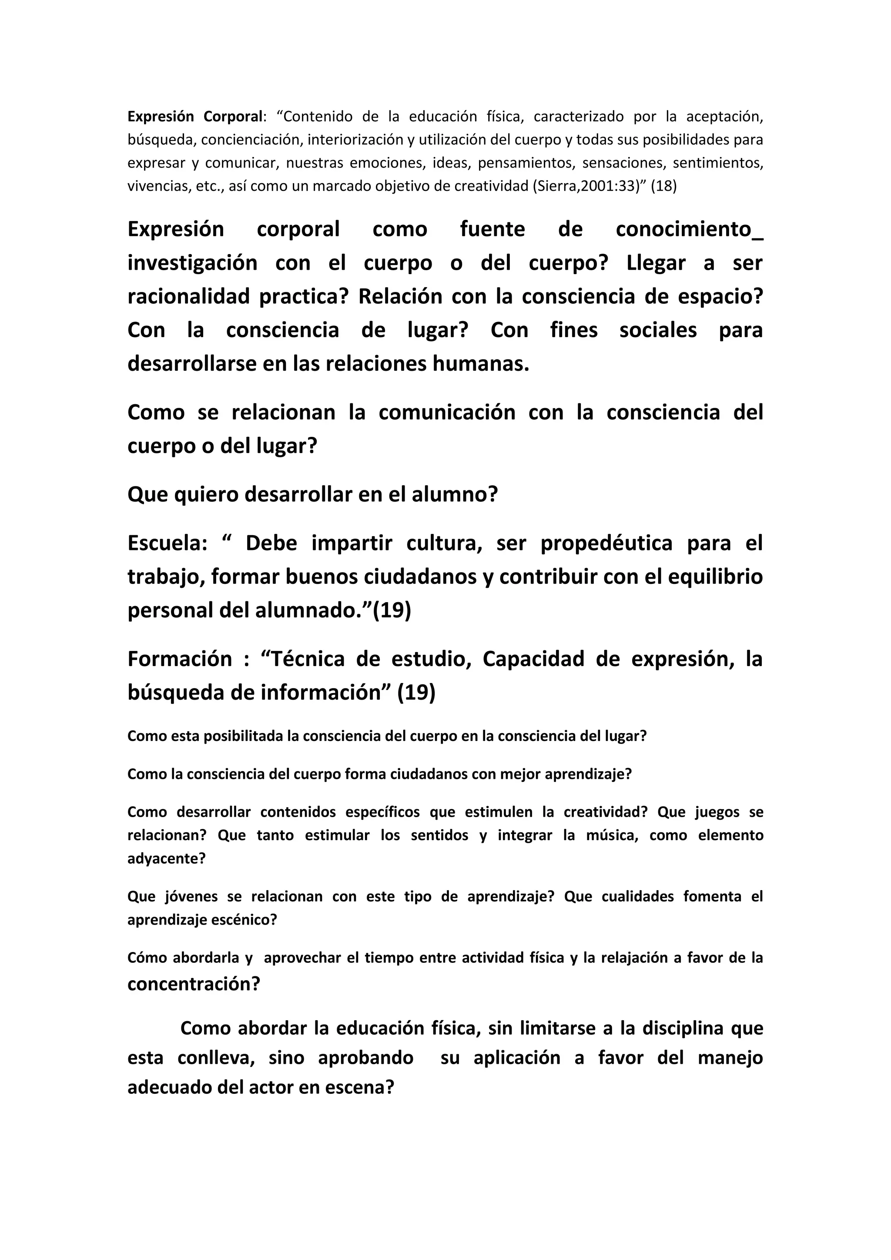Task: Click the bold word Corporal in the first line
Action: pos(233,117)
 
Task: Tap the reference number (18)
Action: pos(663,187)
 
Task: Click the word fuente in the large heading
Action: pos(492,229)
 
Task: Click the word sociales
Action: pos(658,330)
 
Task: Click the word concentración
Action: pos(193,984)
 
